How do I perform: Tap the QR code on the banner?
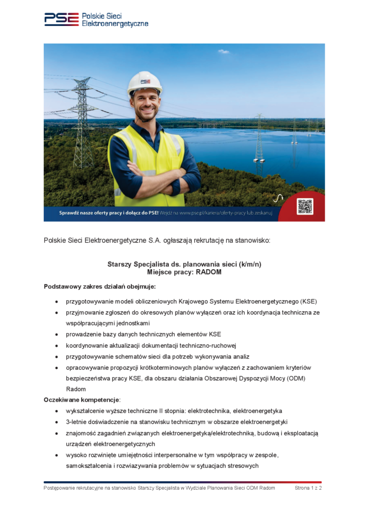pyautogui.click(x=305, y=206)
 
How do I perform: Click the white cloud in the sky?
pyautogui.click(x=224, y=52)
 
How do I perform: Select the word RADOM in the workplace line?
pyautogui.click(x=209, y=272)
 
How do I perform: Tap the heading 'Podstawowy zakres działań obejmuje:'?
pyautogui.click(x=100, y=286)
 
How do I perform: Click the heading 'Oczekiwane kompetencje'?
pyautogui.click(x=81, y=399)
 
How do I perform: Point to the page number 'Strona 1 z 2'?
pyautogui.click(x=308, y=488)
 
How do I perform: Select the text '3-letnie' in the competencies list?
pyautogui.click(x=77, y=422)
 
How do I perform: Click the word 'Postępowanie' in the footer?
pyautogui.click(x=61, y=488)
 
